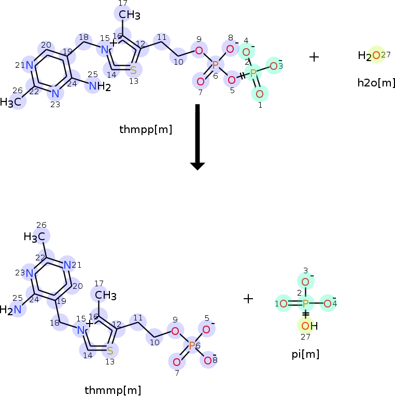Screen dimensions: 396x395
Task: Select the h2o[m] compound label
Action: [376, 82]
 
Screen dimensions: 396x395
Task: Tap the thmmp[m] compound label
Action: [112, 390]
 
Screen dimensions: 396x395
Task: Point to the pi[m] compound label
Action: [305, 354]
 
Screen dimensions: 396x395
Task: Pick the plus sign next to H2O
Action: [314, 57]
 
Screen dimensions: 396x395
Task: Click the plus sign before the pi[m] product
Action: [248, 299]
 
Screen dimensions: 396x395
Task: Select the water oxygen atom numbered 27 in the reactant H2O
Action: [376, 55]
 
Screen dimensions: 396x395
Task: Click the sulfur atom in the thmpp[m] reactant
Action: [133, 69]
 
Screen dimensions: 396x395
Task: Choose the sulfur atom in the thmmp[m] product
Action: [110, 350]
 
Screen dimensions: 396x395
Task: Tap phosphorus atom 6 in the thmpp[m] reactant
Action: [215, 65]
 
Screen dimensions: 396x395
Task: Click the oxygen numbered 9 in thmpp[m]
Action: [198, 51]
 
